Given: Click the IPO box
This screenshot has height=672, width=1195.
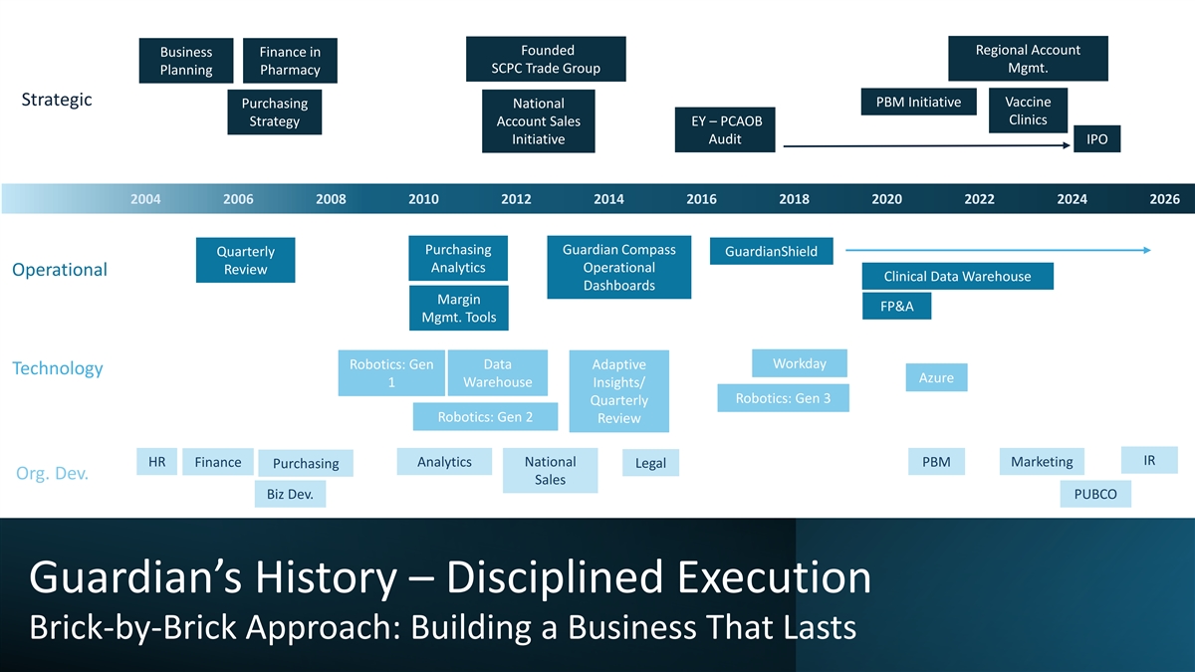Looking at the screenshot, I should pos(1096,139).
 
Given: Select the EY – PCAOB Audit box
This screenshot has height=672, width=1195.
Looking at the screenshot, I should pos(725,129).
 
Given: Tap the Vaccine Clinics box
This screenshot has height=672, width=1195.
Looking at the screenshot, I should pos(1028,111).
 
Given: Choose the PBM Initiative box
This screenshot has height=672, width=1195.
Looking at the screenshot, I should pos(918,102).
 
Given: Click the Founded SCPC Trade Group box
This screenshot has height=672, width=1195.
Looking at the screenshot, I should pos(546,60).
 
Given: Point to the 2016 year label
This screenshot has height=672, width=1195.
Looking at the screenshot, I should pos(701,199).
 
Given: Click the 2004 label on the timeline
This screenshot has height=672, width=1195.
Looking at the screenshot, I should pos(145,199).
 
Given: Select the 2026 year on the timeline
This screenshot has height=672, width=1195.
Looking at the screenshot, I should pos(1164,199).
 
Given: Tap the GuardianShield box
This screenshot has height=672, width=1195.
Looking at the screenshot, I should pos(771,251).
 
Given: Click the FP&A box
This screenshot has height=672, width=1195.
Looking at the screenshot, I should pos(896,307).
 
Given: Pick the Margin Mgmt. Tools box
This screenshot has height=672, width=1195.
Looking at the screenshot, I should pos(458,309).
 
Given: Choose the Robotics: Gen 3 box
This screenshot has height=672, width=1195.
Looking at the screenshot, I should pos(783,398).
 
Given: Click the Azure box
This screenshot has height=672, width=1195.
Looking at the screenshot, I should pos(936,378).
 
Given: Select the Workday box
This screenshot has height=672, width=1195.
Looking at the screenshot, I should pos(800,363).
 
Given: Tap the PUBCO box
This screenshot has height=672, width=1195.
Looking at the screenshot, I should pos(1095,494).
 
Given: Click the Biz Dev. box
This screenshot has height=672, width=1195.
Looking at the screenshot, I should pos(290,494).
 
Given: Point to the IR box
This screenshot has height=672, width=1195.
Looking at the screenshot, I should pos(1149,460).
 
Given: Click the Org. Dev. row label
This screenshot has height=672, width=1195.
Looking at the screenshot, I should pos(52,473).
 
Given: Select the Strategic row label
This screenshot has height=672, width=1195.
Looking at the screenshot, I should pos(57,100).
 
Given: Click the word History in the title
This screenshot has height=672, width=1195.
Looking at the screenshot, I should pos(326,577).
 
